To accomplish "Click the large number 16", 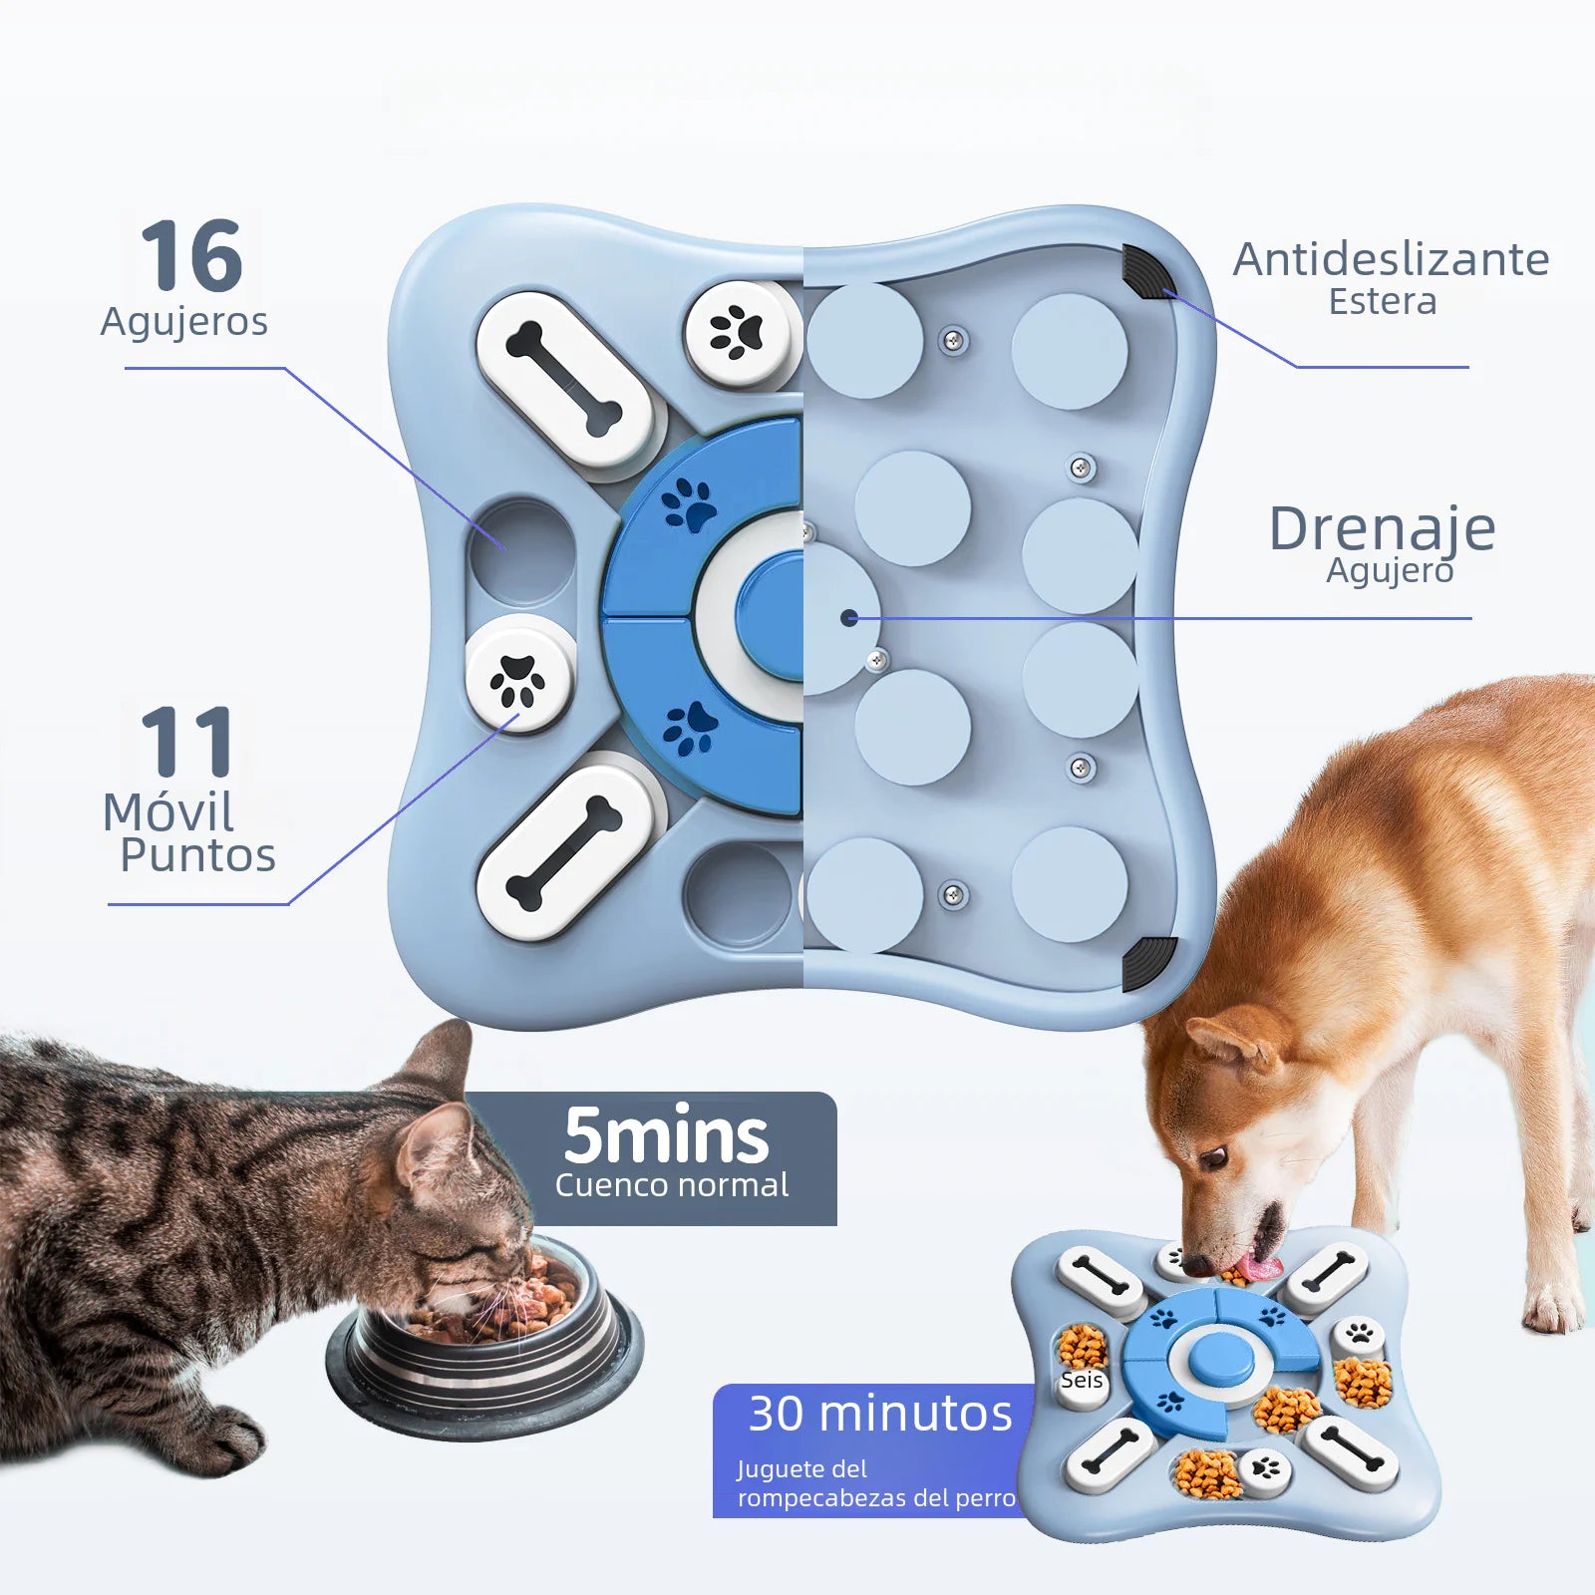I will coord(191,257).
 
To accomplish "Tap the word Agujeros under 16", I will coord(184,322).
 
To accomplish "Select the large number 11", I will coord(186,743).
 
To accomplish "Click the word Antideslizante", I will coord(1391,260).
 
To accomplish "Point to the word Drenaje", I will coord(1382,528).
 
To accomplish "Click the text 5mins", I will coord(666,1136).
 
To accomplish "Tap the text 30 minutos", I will coord(879,1414).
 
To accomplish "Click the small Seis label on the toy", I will coord(1082,1381).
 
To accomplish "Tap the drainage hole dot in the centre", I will coord(849,618).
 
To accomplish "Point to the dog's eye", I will coord(1214,1157).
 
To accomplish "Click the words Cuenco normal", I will coord(671,1185).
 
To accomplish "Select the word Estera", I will coord(1382,302).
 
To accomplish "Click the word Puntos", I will coord(197,855).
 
